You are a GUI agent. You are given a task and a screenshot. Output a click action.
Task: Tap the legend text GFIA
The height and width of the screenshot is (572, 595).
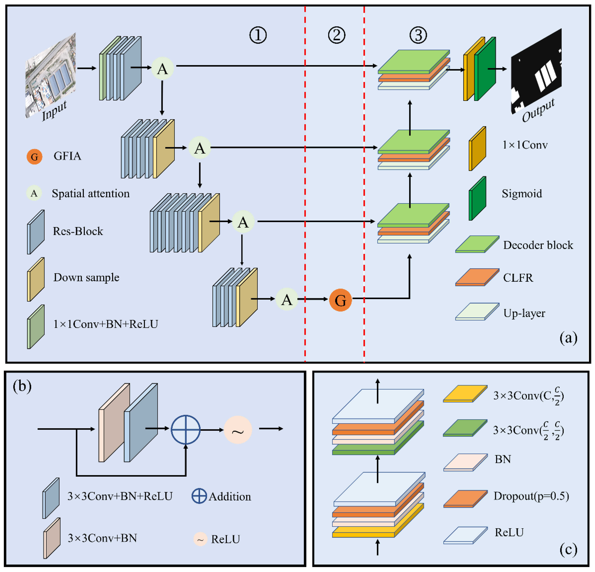pyautogui.click(x=67, y=156)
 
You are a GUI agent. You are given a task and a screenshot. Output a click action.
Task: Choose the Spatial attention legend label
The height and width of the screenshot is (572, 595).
pyautogui.click(x=90, y=193)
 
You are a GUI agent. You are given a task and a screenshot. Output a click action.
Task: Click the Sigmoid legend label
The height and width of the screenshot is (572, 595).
pyautogui.click(x=522, y=193)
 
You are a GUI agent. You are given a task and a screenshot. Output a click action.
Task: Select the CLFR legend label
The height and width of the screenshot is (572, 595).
pyautogui.click(x=518, y=277)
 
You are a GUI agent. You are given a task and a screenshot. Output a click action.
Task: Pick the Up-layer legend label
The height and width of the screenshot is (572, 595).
pyautogui.click(x=524, y=313)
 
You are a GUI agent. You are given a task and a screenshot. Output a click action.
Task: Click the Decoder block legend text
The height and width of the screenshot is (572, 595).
pyautogui.click(x=538, y=245)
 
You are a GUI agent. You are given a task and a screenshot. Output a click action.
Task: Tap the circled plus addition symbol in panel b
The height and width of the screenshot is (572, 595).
pyautogui.click(x=185, y=430)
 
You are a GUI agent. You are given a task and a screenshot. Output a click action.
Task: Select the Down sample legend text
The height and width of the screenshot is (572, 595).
pyautogui.click(x=86, y=277)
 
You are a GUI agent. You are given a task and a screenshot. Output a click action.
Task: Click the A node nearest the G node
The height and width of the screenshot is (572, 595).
pyautogui.click(x=287, y=299)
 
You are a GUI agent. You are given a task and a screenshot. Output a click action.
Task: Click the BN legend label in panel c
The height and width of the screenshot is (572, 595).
pyautogui.click(x=503, y=459)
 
